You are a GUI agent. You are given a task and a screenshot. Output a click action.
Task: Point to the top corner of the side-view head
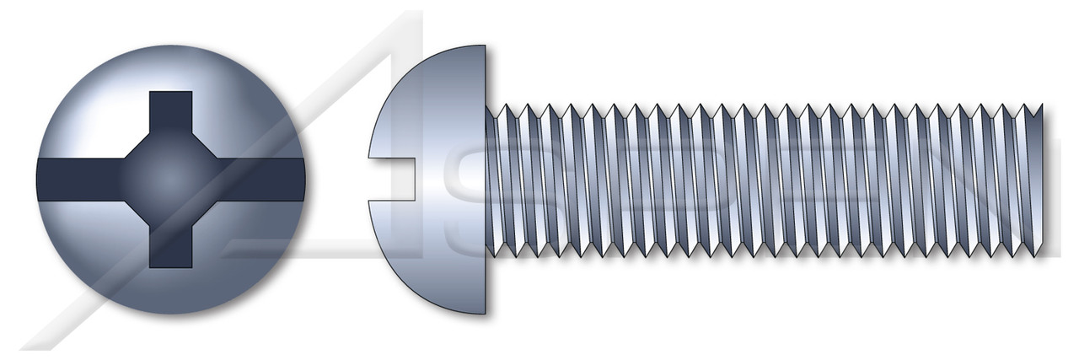pos(484,47)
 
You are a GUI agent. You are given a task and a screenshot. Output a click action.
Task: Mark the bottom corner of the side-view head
pos(484,313)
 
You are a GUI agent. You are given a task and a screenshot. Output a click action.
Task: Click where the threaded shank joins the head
pos(488,180)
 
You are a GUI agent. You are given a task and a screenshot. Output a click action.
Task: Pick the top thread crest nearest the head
pos(503,105)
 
